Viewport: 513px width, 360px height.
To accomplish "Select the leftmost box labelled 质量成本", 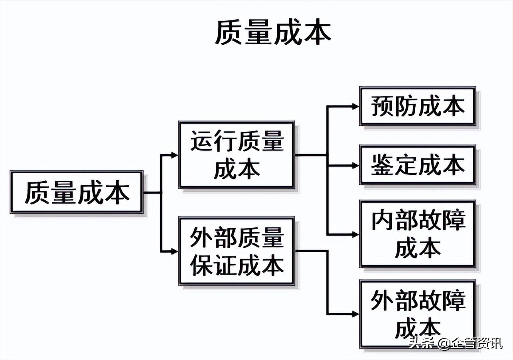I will tap(77, 192).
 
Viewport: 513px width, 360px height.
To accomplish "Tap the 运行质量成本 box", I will tap(237, 155).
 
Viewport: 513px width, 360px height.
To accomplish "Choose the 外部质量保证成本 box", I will tap(237, 251).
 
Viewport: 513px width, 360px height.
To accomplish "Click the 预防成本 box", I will tap(418, 106).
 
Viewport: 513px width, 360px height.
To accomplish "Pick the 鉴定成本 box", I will tap(418, 165).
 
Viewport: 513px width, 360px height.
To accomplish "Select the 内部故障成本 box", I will tap(418, 234).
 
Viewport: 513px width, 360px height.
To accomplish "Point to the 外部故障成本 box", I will tap(418, 314).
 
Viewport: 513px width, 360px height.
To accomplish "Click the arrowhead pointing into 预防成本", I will tap(355, 106).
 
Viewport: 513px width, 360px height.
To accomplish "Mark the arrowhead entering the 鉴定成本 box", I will tap(355, 165).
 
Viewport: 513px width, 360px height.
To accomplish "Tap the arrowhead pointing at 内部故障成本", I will tap(355, 234).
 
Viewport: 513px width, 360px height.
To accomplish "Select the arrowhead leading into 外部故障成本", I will tap(355, 314).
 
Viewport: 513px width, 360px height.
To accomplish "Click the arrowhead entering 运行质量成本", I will tap(174, 155).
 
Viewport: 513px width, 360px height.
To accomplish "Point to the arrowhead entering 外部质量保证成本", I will tap(174, 251).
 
